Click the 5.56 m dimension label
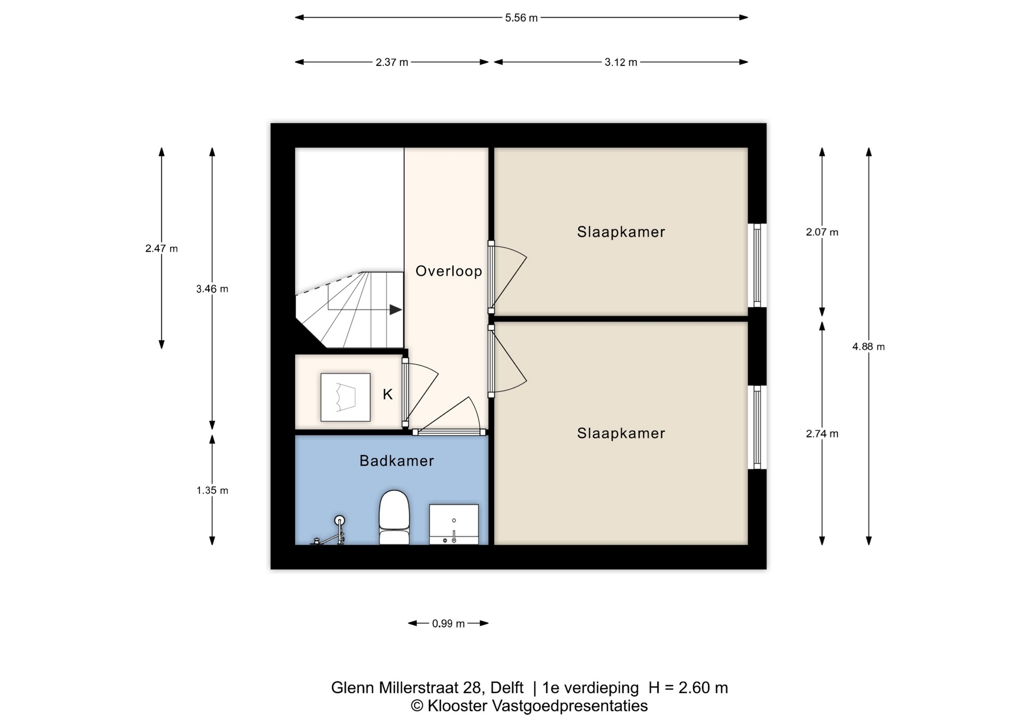click(521, 18)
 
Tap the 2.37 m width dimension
click(392, 62)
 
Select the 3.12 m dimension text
click(621, 62)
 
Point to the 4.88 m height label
click(868, 347)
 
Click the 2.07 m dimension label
click(821, 232)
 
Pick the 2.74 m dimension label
click(821, 434)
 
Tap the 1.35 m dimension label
click(212, 491)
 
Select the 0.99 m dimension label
click(448, 623)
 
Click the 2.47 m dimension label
click(161, 249)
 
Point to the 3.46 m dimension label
click(212, 289)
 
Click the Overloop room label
click(448, 271)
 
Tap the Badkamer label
click(396, 461)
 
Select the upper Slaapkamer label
click(621, 232)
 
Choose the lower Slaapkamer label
click(621, 433)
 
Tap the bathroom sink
click(454, 524)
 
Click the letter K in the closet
click(387, 395)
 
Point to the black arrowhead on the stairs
click(395, 310)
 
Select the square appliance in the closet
click(345, 397)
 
